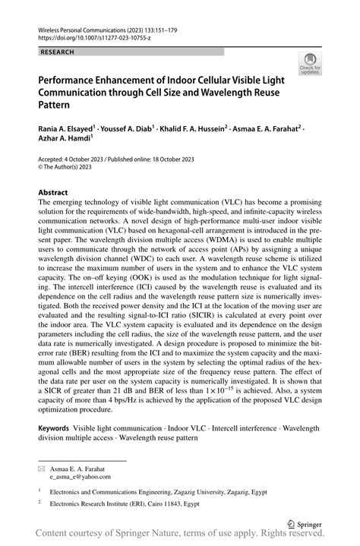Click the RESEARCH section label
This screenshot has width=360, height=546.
[58, 52]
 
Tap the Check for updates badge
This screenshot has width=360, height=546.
[310, 65]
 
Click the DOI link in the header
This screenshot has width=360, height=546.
[87, 36]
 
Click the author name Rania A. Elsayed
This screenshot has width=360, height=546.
[66, 130]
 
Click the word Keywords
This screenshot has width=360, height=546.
[58, 429]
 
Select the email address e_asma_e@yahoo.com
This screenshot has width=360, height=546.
[80, 477]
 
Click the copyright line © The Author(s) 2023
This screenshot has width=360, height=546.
[72, 167]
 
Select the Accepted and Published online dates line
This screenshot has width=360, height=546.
[113, 159]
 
